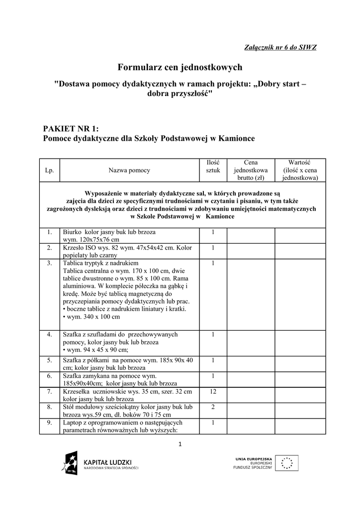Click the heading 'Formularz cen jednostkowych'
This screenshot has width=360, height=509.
[180, 67]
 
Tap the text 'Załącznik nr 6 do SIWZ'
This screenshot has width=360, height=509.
[281, 47]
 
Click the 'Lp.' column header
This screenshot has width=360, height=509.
[49, 170]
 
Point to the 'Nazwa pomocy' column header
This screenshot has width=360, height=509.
[129, 170]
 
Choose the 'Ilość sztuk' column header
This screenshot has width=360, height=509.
[213, 166]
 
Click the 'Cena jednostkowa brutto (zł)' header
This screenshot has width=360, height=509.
[251, 170]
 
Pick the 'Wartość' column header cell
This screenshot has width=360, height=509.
[299, 170]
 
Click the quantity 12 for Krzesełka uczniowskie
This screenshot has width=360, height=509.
[213, 392]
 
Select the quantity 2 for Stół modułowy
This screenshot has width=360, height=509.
[213, 407]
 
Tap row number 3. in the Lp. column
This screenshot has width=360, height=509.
[49, 263]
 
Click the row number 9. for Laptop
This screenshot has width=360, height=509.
[49, 423]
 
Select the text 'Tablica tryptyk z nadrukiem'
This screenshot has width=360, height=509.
[100, 263]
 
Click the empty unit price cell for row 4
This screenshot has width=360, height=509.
[251, 342]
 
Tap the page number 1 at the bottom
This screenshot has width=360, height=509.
[180, 443]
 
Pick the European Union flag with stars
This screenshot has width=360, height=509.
[287, 463]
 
